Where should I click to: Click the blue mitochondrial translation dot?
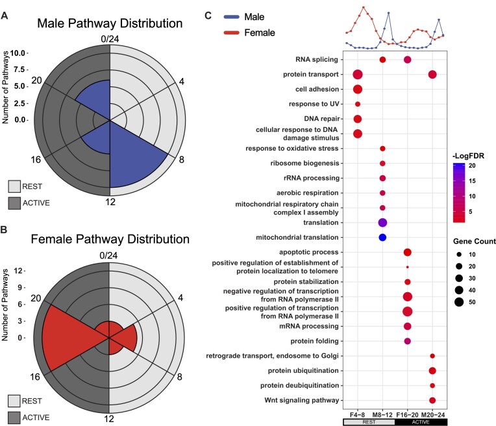click(382, 237)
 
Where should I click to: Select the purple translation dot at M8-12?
click(382, 223)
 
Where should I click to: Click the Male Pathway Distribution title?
click(109, 24)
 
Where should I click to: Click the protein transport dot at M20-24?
click(432, 75)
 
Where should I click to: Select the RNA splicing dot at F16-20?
click(407, 60)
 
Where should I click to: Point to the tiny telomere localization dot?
click(407, 267)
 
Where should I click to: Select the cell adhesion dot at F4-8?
click(357, 89)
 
